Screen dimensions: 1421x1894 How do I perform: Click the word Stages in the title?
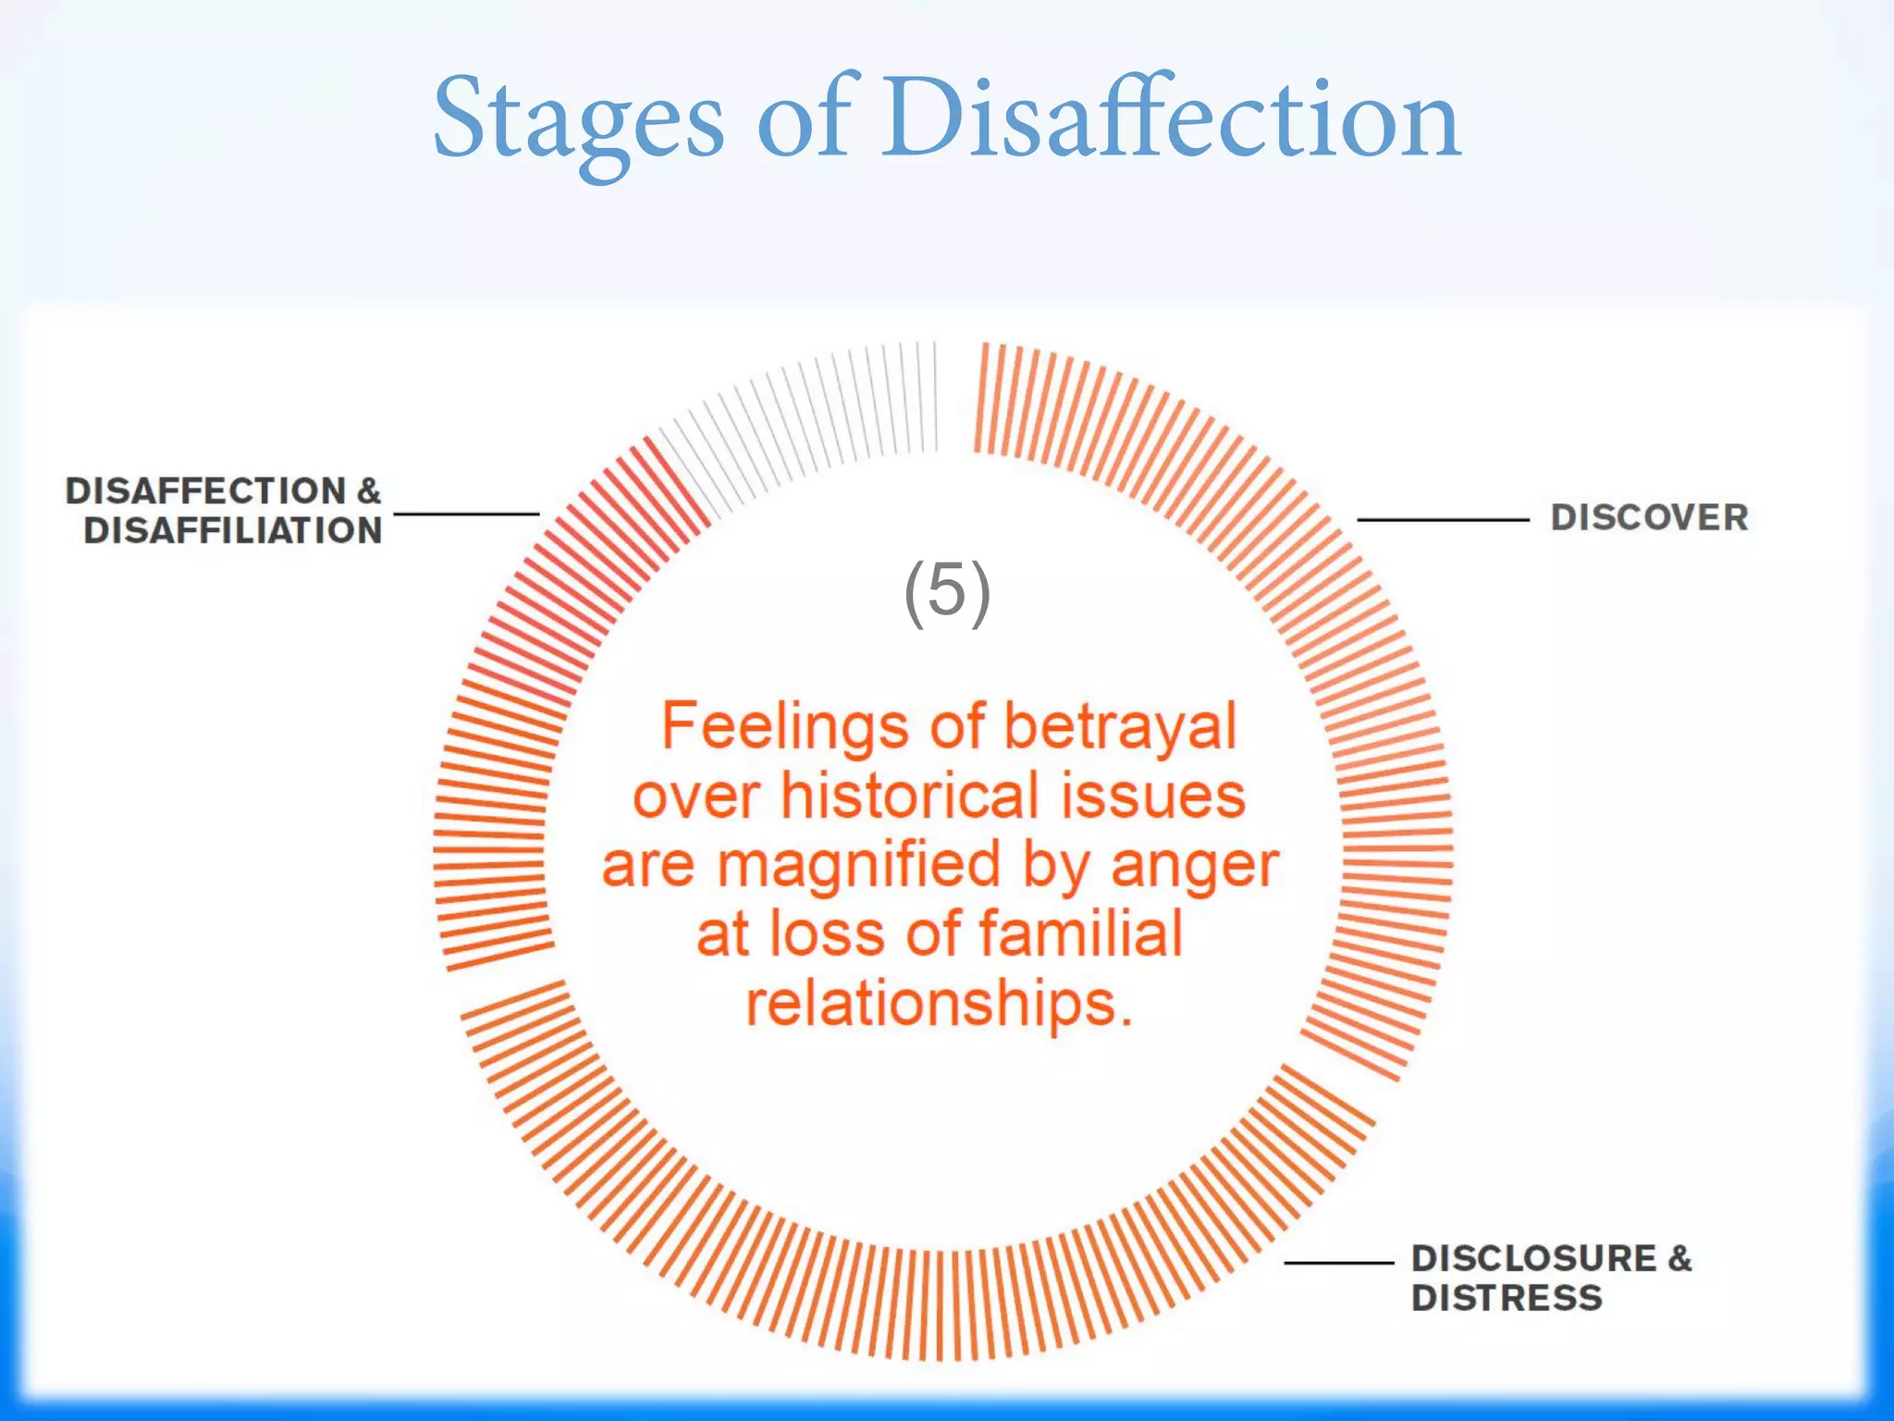pos(578,120)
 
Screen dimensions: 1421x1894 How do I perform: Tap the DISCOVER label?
pos(1649,518)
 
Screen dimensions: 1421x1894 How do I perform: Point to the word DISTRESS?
pos(1507,1298)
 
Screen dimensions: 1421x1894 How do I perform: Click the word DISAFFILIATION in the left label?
pos(233,531)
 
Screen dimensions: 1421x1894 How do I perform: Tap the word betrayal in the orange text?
pos(1120,726)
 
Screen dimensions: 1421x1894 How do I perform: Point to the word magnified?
pos(859,865)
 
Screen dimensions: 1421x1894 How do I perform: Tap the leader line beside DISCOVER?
pos(1443,520)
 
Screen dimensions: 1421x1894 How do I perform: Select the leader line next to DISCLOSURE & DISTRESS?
pos(1339,1263)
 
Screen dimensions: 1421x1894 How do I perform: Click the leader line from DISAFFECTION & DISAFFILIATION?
pos(466,513)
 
